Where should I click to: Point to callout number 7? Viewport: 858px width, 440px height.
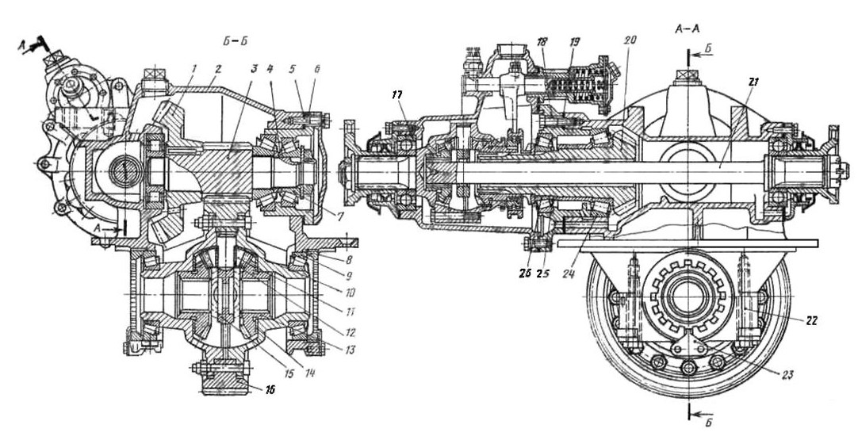(x=340, y=218)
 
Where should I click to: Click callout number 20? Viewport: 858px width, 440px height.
(x=630, y=40)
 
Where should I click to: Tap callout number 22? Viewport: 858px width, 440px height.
(x=810, y=321)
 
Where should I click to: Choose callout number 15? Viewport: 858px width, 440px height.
(x=288, y=373)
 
